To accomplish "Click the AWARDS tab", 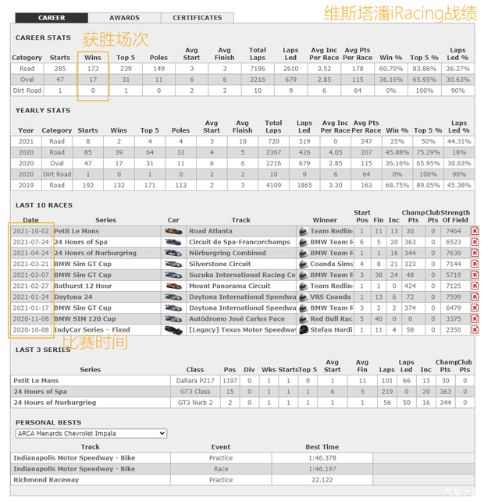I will (124, 17).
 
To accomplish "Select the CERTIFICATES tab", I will (197, 17).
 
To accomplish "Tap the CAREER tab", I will (52, 17).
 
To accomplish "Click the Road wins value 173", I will (93, 69).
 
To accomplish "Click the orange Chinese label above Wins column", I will (116, 38).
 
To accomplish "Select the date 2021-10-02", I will (31, 231).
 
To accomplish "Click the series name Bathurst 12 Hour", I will (84, 286).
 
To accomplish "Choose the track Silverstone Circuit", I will (220, 264).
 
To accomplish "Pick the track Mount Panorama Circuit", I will (230, 286).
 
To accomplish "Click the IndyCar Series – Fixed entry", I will (92, 329).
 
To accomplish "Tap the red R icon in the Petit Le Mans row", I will (475, 231).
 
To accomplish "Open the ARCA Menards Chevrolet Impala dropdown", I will (91, 433).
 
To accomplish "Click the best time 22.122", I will (322, 480).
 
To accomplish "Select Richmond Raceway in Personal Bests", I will (46, 480).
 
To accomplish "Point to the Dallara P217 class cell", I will (195, 380).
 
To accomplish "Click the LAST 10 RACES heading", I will (44, 204).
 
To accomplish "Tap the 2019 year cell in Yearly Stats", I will (26, 185).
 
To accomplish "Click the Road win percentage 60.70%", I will (391, 69).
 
